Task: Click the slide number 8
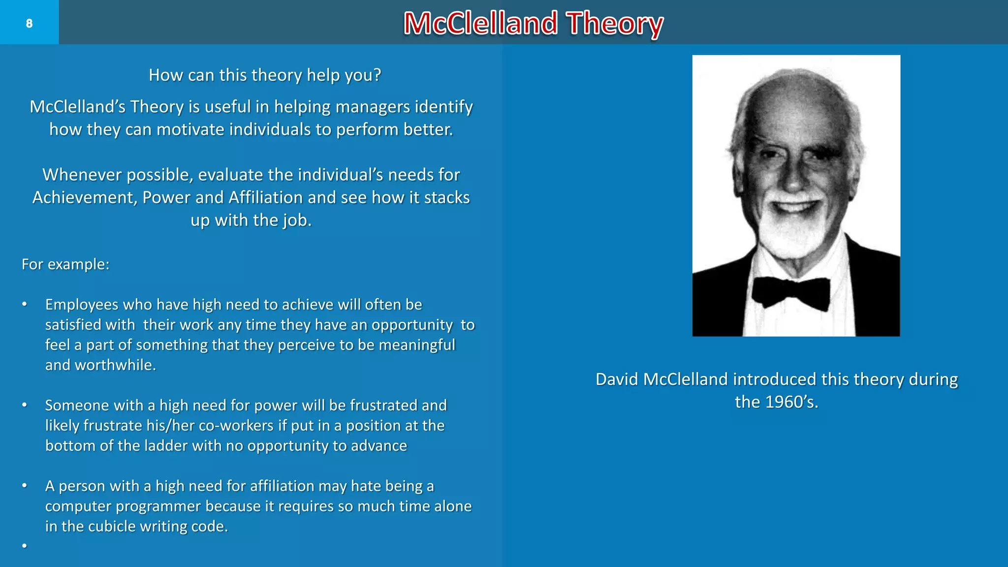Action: coord(29,23)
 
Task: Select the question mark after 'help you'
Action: coord(377,75)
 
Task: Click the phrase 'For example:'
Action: coord(65,264)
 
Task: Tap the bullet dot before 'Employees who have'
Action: coord(24,304)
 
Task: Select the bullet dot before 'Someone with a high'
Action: coord(24,405)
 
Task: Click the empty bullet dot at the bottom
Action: coord(24,546)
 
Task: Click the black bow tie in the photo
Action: coord(790,291)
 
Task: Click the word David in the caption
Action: coord(617,379)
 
